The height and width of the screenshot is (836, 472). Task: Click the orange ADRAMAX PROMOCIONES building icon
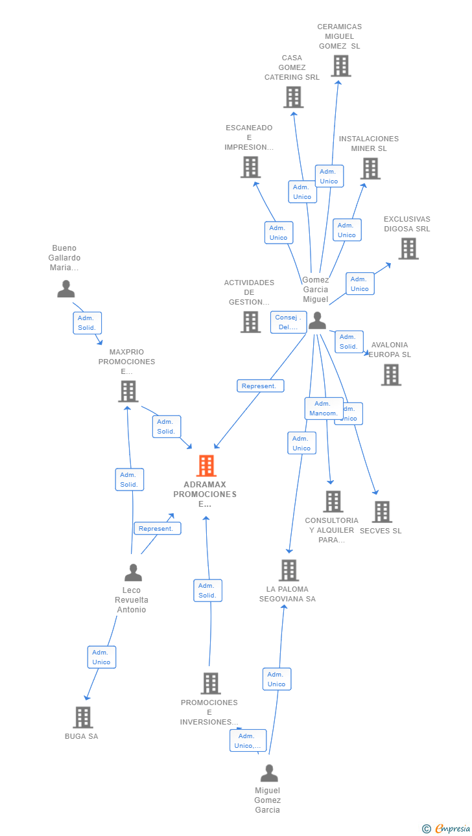206,465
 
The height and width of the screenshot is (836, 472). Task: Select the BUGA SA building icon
82,717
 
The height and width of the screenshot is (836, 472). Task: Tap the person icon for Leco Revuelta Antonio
133,573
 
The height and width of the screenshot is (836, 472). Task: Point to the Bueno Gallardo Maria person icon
65,288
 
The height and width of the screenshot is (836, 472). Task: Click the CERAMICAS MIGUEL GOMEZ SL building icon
340,65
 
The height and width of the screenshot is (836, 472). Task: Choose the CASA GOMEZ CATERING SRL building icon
293,97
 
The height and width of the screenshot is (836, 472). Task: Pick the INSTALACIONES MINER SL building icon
370,168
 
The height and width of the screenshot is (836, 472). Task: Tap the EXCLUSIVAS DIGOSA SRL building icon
408,248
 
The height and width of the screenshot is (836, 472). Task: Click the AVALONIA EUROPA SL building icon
390,375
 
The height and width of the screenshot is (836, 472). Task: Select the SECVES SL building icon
382,512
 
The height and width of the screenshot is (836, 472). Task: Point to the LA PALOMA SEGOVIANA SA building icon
289,570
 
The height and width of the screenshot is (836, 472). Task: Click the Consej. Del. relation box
289,322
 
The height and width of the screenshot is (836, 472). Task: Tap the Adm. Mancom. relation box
324,408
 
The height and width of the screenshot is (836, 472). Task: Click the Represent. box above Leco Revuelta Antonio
157,528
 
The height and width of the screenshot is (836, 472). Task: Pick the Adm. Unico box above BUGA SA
102,657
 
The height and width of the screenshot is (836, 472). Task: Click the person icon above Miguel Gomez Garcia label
269,773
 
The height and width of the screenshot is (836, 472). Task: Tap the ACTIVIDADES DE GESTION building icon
250,321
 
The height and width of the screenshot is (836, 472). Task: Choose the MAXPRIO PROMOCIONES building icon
128,391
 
